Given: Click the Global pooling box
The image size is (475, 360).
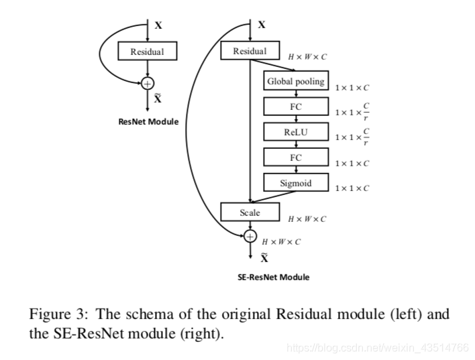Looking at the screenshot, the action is tap(296, 80).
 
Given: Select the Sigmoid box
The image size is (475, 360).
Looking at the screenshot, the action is tap(296, 182).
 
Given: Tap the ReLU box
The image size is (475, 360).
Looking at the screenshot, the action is tap(296, 131).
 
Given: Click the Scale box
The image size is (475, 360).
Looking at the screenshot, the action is tap(250, 212).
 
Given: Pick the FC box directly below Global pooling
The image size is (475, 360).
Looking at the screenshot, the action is tap(296, 107).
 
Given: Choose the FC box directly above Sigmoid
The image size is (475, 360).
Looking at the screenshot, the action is tap(296, 157).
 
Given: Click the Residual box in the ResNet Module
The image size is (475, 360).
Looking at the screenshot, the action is tap(147, 51).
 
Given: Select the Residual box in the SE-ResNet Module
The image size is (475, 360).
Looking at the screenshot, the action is tap(250, 50).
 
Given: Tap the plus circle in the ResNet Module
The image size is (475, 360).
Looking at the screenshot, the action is tap(148, 84).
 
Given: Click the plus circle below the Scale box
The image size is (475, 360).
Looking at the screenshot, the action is tap(250, 236).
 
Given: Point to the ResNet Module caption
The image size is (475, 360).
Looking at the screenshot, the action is tap(148, 122).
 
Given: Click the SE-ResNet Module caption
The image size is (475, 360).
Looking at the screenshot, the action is tap(274, 277).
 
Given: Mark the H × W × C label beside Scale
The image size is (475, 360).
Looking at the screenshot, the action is tap(307, 219).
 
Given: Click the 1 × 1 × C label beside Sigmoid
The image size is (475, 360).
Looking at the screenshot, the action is tap(352, 188).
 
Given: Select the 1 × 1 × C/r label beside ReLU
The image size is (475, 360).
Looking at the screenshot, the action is tap(352, 137).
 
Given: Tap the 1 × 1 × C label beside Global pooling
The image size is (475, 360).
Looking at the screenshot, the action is tap(352, 88).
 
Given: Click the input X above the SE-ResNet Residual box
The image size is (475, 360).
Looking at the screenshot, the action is tap(262, 25).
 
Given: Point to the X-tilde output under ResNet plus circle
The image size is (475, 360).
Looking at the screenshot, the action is tap(158, 98).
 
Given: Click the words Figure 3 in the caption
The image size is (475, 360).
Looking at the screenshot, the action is tap(58, 314).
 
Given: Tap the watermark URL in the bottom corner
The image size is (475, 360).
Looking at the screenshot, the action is tap(378, 347).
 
